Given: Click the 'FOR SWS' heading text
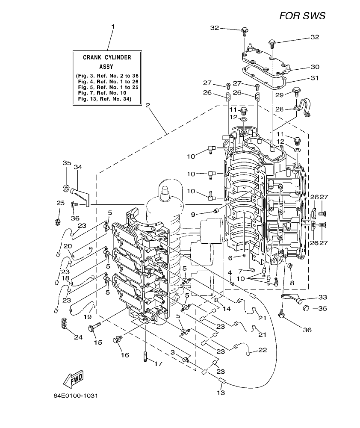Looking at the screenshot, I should point(302,16).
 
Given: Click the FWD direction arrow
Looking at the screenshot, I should point(73,377).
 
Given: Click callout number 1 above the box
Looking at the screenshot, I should point(113,27).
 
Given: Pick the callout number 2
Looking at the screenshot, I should point(148,105).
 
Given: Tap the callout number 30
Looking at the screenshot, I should point(315,67).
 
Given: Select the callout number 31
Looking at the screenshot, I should point(315,78).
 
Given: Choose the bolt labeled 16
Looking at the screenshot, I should point(116,339).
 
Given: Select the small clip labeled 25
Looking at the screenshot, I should point(57,221).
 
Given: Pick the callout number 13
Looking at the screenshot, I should point(221,393).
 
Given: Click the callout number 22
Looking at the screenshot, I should point(262,350).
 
